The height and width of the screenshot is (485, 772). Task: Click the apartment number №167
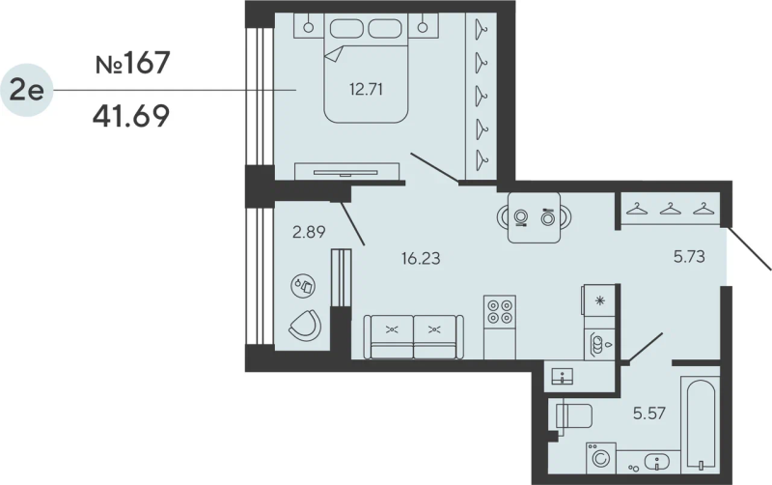(132, 63)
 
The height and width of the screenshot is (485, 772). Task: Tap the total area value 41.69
(131, 116)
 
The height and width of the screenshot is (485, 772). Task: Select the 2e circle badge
(27, 90)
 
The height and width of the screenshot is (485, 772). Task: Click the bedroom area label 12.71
(367, 89)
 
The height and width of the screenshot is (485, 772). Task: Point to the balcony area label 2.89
(309, 231)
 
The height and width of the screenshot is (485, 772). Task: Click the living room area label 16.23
(421, 258)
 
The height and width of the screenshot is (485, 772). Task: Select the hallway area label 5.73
(689, 256)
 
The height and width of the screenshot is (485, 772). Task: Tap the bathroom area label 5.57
(649, 414)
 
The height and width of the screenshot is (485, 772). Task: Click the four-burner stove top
(500, 311)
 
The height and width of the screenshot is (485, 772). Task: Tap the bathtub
(700, 422)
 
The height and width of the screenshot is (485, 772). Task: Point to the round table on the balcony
(303, 286)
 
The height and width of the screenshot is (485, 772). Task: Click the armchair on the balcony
(305, 325)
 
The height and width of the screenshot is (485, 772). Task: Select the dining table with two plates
(535, 217)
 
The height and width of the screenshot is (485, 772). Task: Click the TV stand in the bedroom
(346, 172)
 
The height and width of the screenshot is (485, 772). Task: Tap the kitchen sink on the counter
(598, 344)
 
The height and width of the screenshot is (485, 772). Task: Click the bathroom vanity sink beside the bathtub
(656, 463)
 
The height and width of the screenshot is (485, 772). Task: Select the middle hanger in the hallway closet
(670, 209)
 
